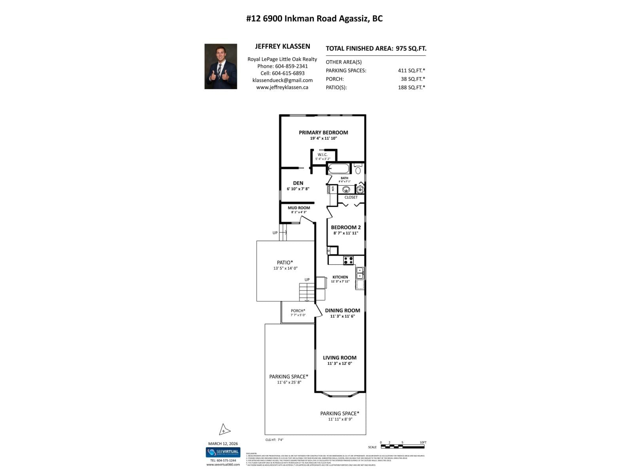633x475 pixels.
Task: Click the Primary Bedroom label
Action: [323, 133]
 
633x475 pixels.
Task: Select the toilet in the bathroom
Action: [358, 169]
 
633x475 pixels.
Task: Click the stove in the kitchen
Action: [348, 260]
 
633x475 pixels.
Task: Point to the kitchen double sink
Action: [360, 273]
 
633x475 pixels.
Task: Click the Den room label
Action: [298, 183]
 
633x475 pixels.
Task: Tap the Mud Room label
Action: [299, 208]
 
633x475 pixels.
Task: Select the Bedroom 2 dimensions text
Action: [345, 233]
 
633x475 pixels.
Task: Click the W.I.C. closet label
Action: [322, 154]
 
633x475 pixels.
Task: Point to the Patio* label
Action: [285, 262]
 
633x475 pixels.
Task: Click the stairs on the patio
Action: [307, 293]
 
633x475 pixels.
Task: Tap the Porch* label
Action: [298, 311]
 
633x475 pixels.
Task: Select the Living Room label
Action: [339, 357]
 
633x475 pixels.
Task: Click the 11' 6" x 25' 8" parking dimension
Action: [289, 382]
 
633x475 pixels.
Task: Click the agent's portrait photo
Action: [221, 66]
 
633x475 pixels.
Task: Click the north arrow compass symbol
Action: [224, 429]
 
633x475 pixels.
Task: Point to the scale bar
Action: [402, 447]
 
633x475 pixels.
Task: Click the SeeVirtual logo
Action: [223, 452]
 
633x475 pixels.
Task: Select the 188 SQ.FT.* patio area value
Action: [411, 87]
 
